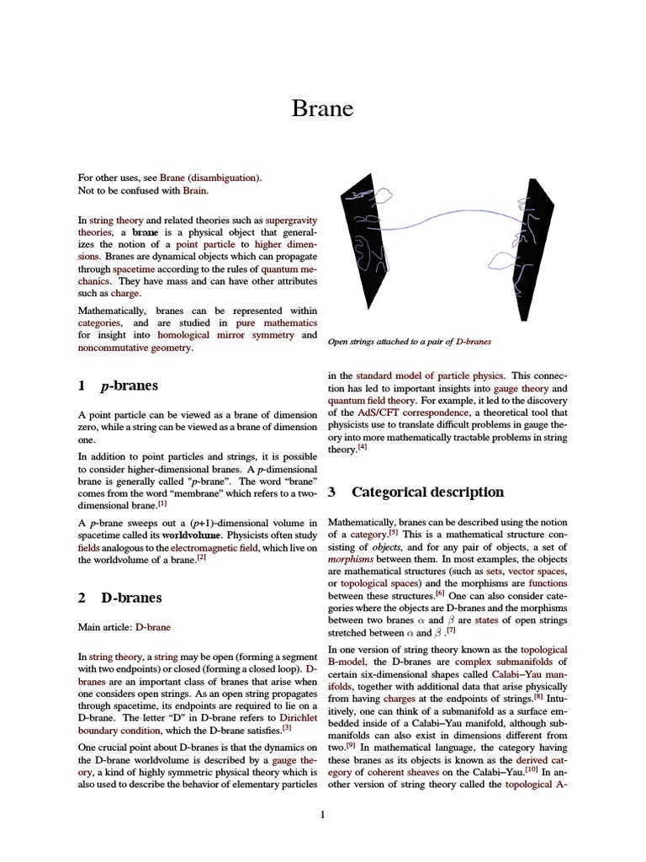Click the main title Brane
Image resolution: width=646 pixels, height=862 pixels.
[322, 109]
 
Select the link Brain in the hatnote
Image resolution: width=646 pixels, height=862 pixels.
[193, 191]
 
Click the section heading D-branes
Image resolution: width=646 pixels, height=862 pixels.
[131, 598]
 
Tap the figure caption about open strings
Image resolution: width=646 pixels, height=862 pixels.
[409, 342]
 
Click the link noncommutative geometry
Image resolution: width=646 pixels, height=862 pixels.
[135, 349]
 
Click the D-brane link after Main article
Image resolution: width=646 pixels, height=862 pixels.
[153, 627]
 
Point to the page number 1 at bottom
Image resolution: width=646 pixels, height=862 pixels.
[322, 814]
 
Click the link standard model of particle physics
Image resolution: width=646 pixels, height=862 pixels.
[429, 375]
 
